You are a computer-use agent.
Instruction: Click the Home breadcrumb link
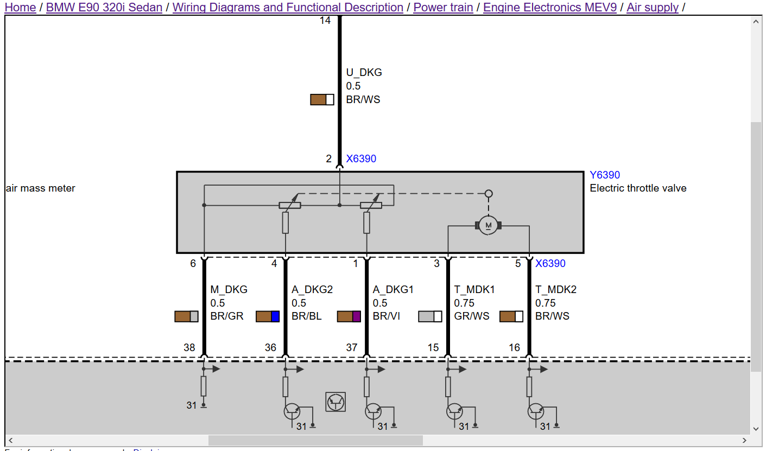click(x=20, y=8)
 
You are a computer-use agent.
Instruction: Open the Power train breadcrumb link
click(x=443, y=8)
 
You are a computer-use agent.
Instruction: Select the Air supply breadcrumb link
click(x=653, y=8)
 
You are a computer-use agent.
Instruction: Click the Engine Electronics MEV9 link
click(x=549, y=8)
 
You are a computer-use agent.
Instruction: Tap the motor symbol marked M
click(x=488, y=225)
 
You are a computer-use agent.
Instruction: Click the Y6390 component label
click(x=605, y=175)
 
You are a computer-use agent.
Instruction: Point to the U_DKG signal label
click(x=364, y=72)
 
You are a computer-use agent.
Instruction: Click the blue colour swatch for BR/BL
click(x=275, y=316)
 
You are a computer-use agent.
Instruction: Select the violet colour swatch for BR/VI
click(x=357, y=316)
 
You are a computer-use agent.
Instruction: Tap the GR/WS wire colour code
click(x=471, y=316)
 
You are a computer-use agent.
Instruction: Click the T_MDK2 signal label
click(x=556, y=289)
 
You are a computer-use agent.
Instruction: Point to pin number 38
click(x=189, y=347)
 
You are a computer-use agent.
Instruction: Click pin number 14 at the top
click(x=325, y=21)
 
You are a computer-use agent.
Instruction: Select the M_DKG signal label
click(x=229, y=289)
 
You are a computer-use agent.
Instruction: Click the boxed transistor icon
click(x=335, y=402)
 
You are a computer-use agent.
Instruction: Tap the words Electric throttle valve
click(x=638, y=188)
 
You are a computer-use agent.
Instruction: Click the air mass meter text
click(x=41, y=188)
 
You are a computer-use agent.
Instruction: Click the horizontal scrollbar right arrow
click(x=745, y=440)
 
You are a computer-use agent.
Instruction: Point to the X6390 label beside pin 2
click(x=361, y=159)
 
